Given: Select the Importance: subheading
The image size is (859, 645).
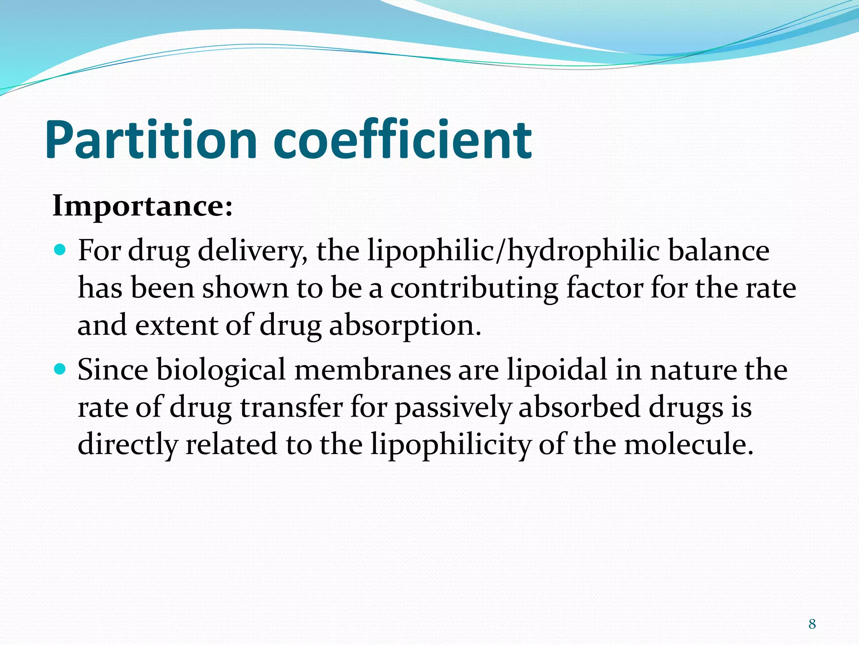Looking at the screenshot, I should pos(143,206).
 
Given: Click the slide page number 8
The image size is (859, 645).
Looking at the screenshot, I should pos(812,624).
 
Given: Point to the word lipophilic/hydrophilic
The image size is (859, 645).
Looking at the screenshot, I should pos(513,251).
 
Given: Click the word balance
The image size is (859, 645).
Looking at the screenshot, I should pos(718,251).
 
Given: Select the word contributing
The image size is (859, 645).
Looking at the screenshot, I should pos(474,289).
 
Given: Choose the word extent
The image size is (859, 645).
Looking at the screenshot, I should pos(177,325).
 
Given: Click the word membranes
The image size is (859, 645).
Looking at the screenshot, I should pos(373,370).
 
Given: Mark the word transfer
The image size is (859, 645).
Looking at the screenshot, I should pos(292,407).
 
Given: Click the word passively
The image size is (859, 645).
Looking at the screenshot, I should pos(453,408).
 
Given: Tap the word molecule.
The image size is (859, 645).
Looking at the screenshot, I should pos(688,444).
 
